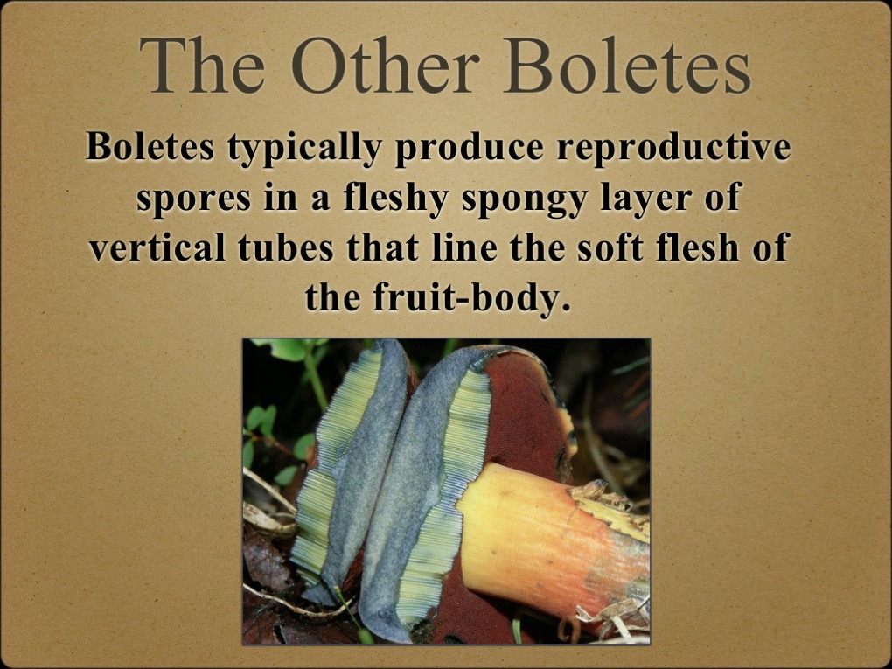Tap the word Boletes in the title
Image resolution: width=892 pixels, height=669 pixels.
pos(627,66)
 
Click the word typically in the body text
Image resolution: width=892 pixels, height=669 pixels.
pos(303,147)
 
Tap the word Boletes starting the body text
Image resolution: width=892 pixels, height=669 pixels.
pos(150,147)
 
